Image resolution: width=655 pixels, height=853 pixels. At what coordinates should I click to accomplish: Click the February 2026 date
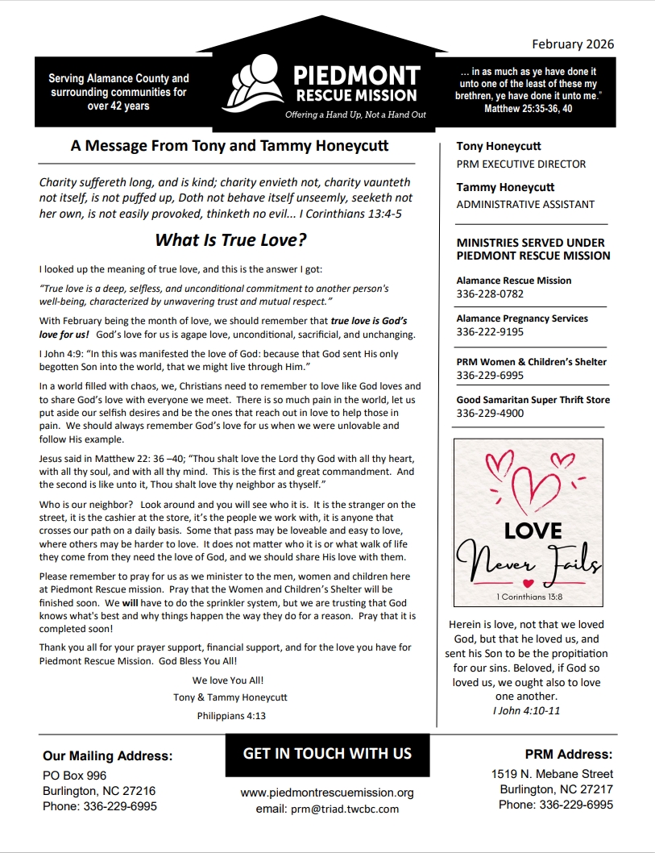pyautogui.click(x=572, y=44)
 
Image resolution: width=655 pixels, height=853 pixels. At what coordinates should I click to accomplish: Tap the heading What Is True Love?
pyautogui.click(x=230, y=239)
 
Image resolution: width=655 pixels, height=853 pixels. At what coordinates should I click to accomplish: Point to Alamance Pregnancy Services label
pyautogui.click(x=522, y=318)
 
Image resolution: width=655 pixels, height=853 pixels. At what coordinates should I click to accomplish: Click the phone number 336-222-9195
pyautogui.click(x=490, y=331)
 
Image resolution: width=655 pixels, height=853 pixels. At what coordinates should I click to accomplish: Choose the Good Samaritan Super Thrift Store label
pyautogui.click(x=533, y=400)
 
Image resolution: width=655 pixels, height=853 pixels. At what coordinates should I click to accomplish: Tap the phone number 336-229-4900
pyautogui.click(x=490, y=413)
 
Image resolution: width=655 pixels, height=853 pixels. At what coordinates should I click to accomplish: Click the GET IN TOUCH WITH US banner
pyautogui.click(x=327, y=754)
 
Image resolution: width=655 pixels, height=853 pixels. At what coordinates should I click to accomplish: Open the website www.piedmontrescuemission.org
pyautogui.click(x=327, y=793)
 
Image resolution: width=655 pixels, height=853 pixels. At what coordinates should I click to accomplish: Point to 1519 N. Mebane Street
pyautogui.click(x=552, y=774)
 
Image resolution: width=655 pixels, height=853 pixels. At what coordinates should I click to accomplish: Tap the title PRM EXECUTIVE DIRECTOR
pyautogui.click(x=521, y=164)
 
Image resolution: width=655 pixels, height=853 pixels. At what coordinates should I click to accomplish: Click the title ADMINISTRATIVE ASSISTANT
pyautogui.click(x=525, y=204)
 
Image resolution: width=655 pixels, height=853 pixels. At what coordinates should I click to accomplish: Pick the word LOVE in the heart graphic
pyautogui.click(x=533, y=531)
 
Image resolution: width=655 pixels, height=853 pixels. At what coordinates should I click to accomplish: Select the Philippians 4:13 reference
pyautogui.click(x=230, y=715)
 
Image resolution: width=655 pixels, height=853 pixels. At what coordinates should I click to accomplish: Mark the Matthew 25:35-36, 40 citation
pyautogui.click(x=528, y=108)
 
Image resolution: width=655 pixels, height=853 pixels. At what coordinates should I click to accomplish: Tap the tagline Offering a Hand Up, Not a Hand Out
pyautogui.click(x=355, y=114)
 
